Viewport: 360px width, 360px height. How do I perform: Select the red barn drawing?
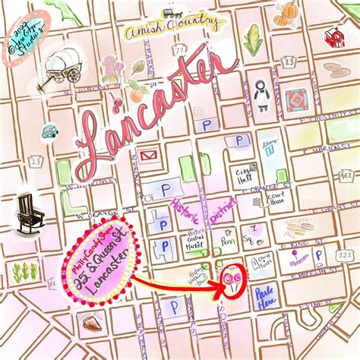[332, 38]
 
